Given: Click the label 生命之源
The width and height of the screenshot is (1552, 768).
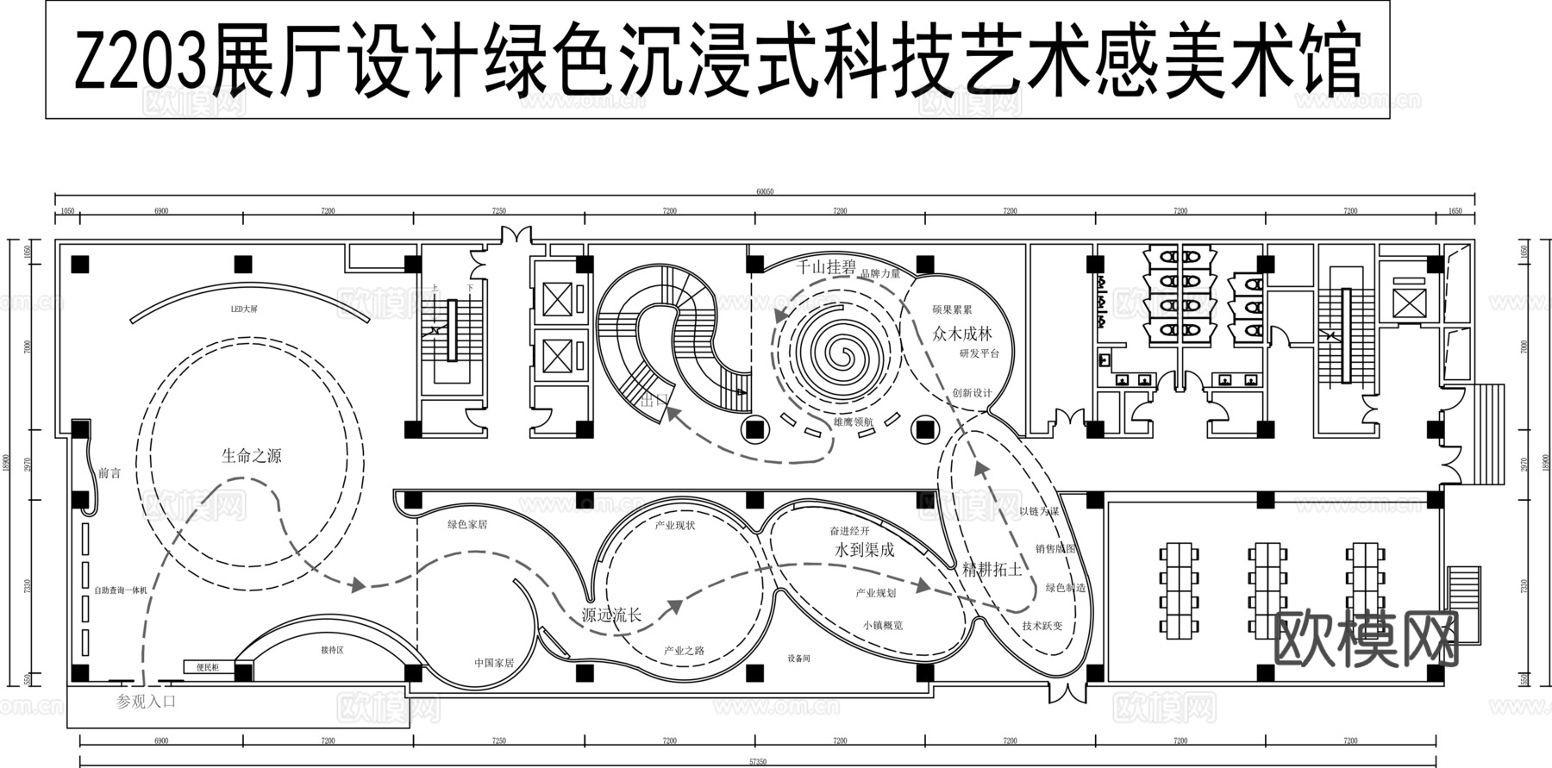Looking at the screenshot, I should pos(251,456).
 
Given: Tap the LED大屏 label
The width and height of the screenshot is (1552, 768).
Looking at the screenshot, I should pos(244,309).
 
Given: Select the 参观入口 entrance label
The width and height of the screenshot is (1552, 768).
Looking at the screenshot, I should pos(147,702).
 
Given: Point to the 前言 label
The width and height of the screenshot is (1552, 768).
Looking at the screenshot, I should pos(110,473).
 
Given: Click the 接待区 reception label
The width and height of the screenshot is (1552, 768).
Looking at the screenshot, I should pos(332,650).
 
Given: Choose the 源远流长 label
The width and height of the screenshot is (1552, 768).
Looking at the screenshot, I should pos(611,615).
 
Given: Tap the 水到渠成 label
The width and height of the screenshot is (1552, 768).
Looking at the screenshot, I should pos(864,549).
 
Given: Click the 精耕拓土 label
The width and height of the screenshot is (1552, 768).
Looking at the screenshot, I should pos(992,570).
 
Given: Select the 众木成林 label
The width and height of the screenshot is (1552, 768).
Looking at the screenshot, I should pos(962,334).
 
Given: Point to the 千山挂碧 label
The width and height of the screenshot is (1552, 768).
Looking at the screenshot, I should pos(825,267).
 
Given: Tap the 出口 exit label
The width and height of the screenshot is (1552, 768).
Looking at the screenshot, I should pos(654,400).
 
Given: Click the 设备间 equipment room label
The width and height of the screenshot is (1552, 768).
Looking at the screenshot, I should pos(798,659).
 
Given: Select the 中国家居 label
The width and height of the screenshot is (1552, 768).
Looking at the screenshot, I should pos(494,663).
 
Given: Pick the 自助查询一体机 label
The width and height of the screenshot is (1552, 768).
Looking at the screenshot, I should pos(121,590).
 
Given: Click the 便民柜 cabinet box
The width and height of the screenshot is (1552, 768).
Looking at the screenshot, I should pos(208,667).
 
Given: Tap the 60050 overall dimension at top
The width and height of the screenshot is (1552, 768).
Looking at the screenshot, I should pos(765,192).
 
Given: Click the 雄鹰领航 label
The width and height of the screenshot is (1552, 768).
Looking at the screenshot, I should pos(854,422).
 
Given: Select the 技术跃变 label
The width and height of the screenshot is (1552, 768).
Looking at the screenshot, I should pos(1042,626).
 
